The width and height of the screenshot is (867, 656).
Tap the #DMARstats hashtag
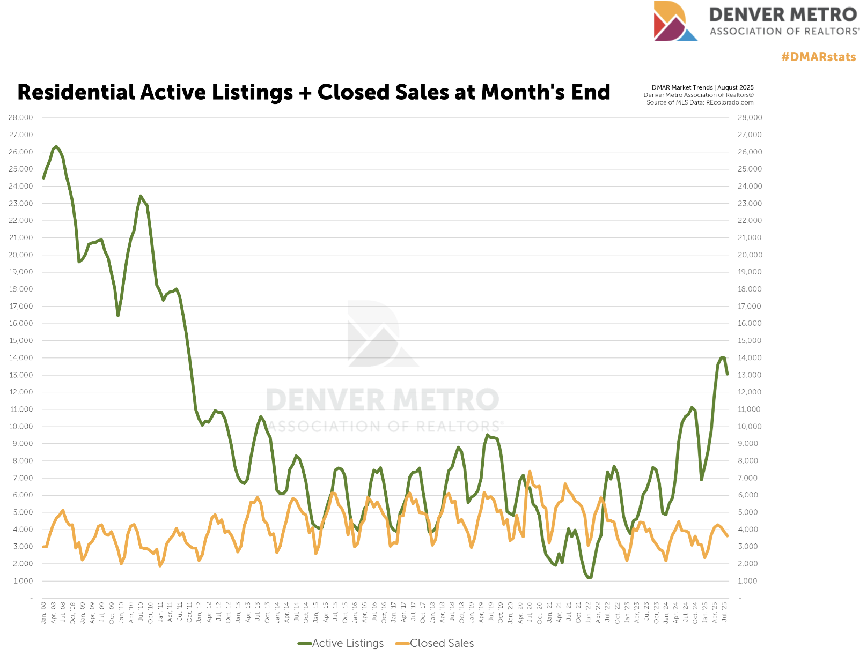coord(818,57)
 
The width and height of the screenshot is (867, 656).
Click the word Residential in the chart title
coord(76,93)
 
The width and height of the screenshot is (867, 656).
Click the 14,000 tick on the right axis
coord(750,357)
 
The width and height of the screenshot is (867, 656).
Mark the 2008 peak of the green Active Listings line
coord(56,146)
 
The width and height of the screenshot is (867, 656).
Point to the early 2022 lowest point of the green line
coord(589,578)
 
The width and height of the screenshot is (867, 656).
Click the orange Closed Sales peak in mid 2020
coord(530,472)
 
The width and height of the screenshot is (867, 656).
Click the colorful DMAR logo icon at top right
coord(674,21)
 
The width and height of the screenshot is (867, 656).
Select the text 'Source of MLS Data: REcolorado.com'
coord(700,102)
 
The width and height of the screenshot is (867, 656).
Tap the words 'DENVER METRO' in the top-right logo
coord(783,14)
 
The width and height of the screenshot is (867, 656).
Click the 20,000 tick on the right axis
coord(750,255)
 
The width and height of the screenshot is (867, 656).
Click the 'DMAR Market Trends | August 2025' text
coord(702,87)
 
